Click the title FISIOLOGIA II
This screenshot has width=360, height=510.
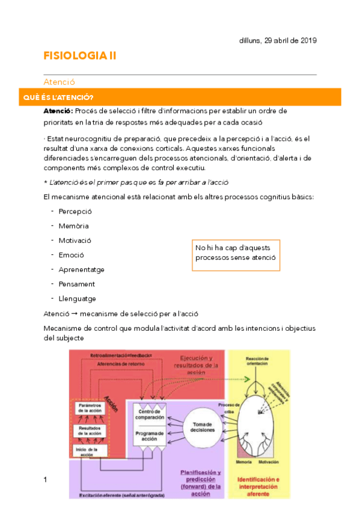click(x=80, y=56)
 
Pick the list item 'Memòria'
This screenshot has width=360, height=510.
click(x=74, y=226)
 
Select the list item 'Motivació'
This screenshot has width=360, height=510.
click(x=75, y=241)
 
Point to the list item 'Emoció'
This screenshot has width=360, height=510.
click(x=72, y=255)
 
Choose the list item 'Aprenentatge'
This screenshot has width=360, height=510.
click(x=81, y=269)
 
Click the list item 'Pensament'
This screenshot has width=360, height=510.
click(x=77, y=284)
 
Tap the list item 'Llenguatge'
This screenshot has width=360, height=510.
click(x=78, y=298)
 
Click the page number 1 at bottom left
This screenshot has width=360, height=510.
click(x=45, y=479)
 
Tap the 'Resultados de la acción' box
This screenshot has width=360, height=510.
click(x=91, y=431)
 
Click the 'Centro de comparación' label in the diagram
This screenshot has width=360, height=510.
click(x=148, y=414)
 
